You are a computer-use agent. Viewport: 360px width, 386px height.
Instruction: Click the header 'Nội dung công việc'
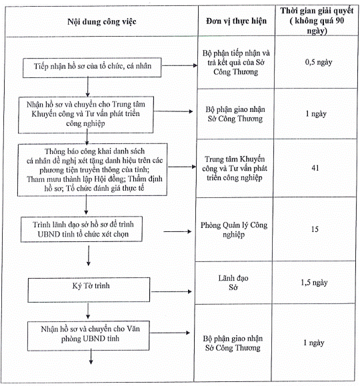102,21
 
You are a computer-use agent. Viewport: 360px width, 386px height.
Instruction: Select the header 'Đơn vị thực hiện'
236,21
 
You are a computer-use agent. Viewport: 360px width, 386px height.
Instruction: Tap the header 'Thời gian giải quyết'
317,11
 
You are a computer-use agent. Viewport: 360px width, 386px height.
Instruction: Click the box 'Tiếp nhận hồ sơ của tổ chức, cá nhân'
92,68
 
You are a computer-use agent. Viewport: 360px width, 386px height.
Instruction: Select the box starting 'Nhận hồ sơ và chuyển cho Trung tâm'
86,115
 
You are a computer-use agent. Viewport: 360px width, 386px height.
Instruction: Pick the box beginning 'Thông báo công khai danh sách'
93,169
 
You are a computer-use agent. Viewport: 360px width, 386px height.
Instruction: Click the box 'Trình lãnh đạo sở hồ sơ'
81,229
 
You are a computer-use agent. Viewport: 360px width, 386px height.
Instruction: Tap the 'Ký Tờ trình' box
89,290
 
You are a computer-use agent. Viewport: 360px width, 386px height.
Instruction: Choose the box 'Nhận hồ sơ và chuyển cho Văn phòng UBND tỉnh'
89,335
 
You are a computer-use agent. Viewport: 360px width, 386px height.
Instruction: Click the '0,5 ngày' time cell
319,62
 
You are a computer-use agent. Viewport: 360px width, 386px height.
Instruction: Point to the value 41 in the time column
315,168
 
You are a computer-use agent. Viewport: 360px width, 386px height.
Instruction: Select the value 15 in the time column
315,229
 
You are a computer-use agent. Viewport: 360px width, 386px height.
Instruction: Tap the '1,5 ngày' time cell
314,283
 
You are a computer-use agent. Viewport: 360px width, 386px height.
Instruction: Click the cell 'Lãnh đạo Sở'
233,283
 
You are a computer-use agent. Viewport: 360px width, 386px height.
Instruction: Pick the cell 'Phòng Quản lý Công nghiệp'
234,229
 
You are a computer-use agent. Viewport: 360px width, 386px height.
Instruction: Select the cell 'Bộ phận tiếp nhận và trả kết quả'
236,62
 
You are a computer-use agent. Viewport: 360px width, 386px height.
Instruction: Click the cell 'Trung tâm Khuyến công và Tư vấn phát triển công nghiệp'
235,168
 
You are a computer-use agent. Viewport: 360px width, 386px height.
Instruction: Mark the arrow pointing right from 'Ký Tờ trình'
171,292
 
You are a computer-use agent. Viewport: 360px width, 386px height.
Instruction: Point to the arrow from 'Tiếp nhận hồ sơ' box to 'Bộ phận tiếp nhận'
179,65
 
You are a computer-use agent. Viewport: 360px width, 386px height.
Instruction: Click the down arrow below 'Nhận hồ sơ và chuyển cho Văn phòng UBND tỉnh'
91,357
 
